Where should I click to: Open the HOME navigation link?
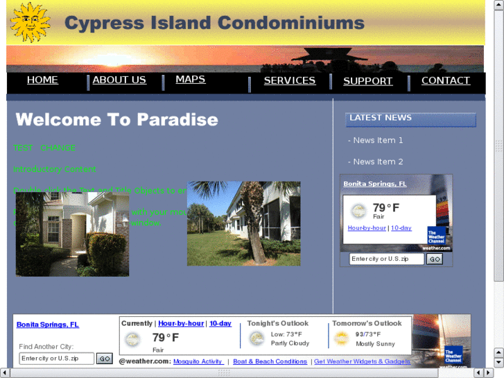(x=42, y=80)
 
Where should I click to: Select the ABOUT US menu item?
(x=119, y=80)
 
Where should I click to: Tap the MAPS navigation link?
(x=191, y=80)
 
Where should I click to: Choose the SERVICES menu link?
(x=290, y=81)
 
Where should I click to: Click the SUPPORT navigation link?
(x=368, y=82)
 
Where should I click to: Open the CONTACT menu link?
(x=446, y=81)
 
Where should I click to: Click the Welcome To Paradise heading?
(x=116, y=120)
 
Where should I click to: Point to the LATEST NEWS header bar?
(x=410, y=119)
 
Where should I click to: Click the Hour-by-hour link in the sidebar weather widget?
(x=367, y=228)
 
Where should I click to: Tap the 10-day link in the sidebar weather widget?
(x=401, y=228)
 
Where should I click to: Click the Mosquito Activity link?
(x=198, y=362)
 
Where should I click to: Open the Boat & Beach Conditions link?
(x=270, y=362)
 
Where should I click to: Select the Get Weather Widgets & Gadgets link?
(x=362, y=362)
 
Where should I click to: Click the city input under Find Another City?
(x=56, y=359)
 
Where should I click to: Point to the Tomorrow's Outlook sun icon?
(x=341, y=338)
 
